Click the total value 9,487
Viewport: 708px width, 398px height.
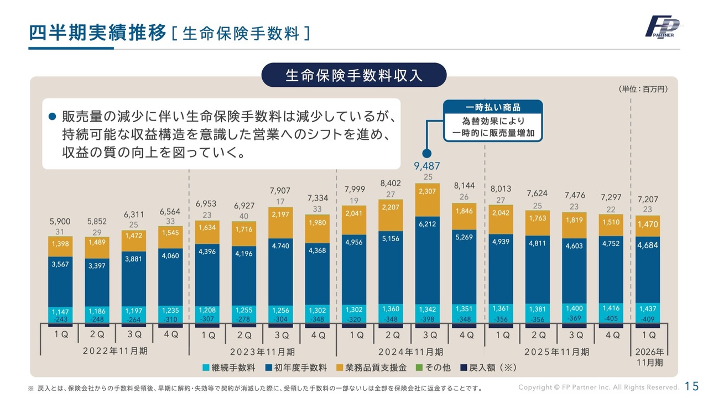click(427, 166)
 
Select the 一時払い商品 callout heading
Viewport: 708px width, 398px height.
click(493, 107)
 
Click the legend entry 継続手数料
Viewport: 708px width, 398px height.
click(231, 367)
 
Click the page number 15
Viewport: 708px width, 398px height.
click(691, 386)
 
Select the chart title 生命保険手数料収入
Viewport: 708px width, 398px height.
click(354, 75)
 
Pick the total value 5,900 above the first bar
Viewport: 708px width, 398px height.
click(60, 221)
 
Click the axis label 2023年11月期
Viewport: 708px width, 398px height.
click(263, 352)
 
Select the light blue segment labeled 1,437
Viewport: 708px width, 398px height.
click(648, 309)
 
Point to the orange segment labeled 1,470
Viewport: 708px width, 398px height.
click(648, 225)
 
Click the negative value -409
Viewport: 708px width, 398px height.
click(648, 319)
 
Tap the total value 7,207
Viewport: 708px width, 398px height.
click(648, 199)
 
